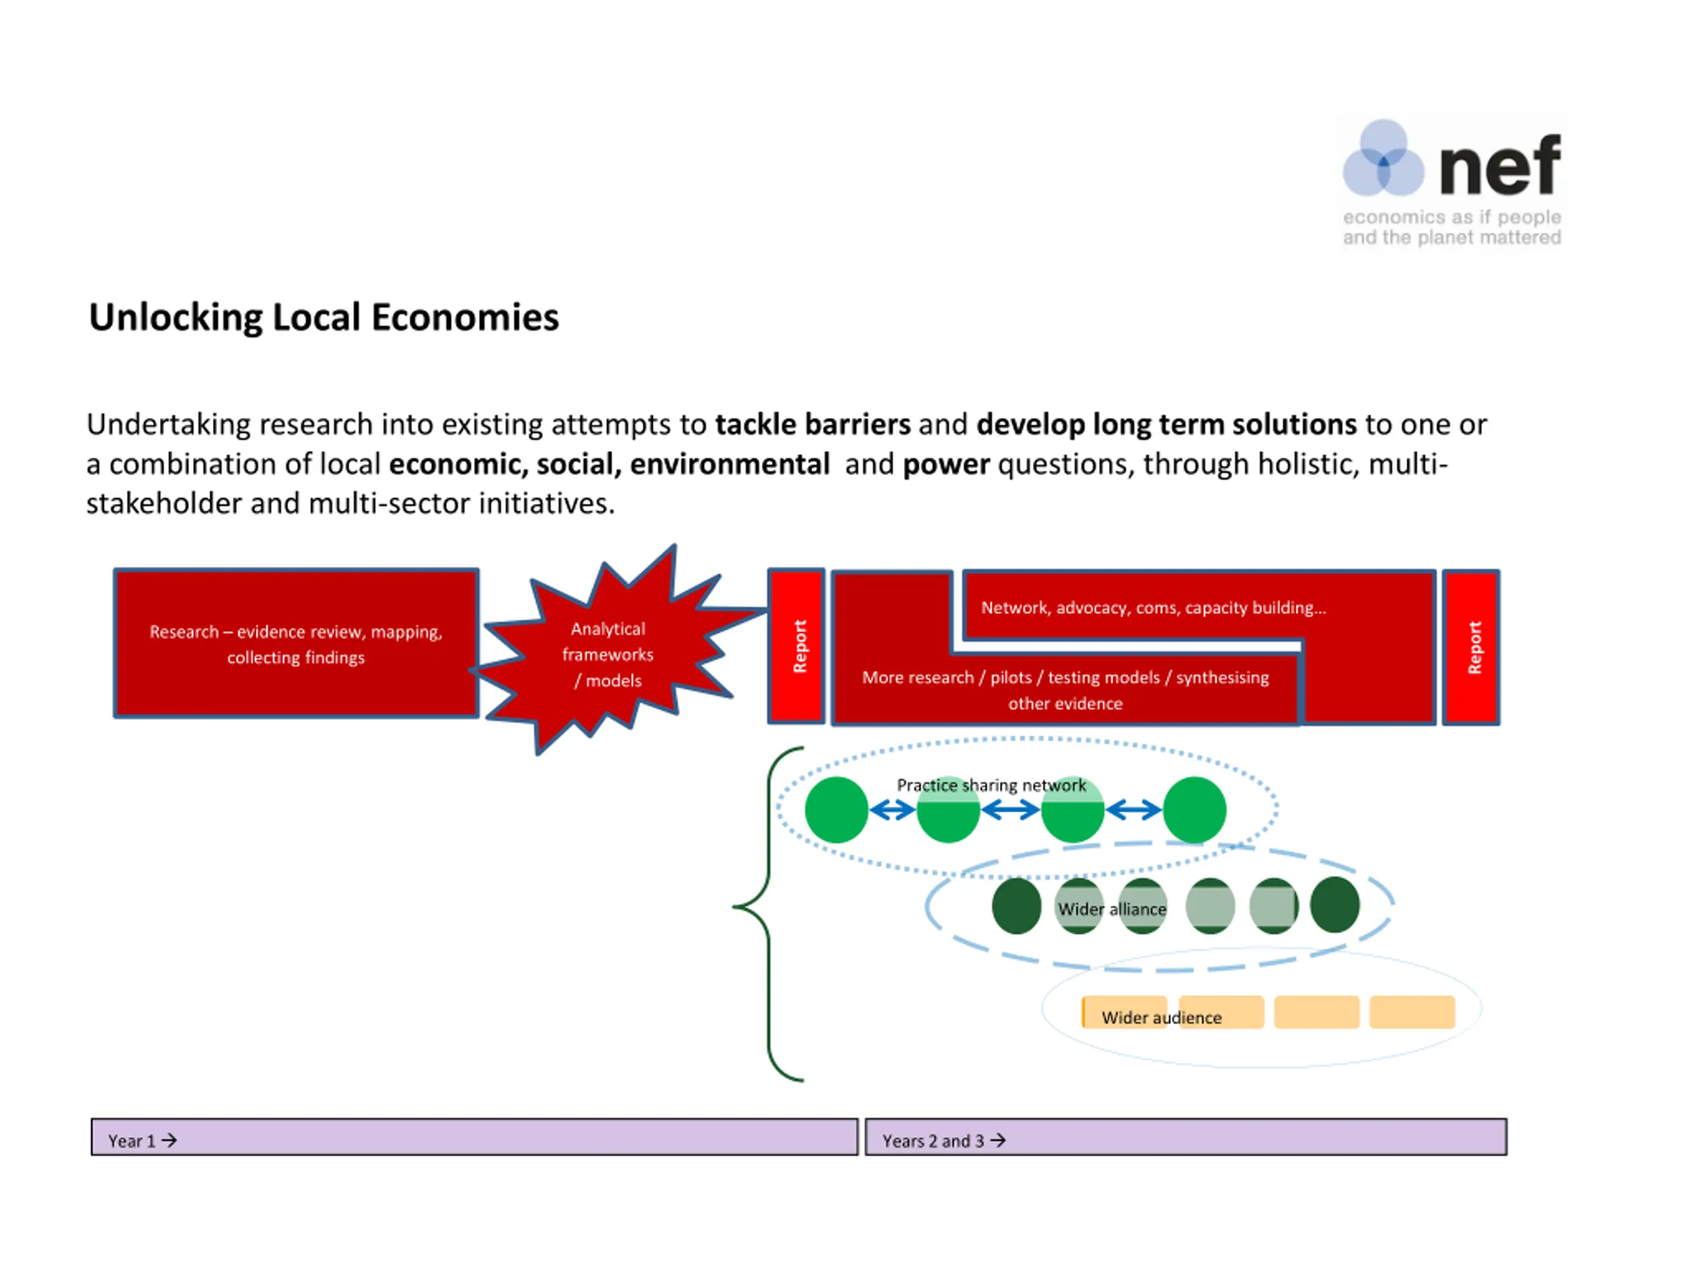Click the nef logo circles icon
[1382, 159]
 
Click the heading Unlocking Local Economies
[324, 317]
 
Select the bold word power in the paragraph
[946, 464]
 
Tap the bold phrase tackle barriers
[813, 425]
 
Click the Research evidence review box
[296, 643]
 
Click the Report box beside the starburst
[797, 646]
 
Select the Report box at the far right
[1470, 647]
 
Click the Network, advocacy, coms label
[1153, 608]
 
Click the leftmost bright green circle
[836, 810]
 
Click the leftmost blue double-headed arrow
[892, 810]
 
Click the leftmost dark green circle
[1016, 906]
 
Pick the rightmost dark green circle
[1334, 905]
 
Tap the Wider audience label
[1161, 1017]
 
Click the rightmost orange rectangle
[1411, 1012]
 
